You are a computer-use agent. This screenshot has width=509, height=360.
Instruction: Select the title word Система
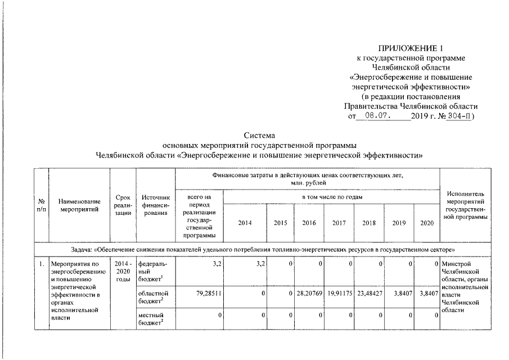(x=259, y=136)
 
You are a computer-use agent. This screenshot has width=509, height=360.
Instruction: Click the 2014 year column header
(x=245, y=223)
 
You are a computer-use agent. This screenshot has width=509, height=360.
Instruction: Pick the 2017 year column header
(x=339, y=223)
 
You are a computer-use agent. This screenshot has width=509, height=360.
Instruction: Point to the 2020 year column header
(x=427, y=223)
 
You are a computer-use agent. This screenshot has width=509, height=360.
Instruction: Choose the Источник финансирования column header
(x=156, y=205)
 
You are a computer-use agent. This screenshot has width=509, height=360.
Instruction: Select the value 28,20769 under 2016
(x=309, y=292)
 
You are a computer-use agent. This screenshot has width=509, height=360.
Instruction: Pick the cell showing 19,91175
(x=339, y=292)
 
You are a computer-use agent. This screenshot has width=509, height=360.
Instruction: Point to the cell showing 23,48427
(x=369, y=292)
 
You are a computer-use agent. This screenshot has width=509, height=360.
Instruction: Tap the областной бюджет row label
(x=152, y=296)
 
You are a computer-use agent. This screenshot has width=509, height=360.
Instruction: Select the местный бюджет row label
(x=151, y=319)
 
